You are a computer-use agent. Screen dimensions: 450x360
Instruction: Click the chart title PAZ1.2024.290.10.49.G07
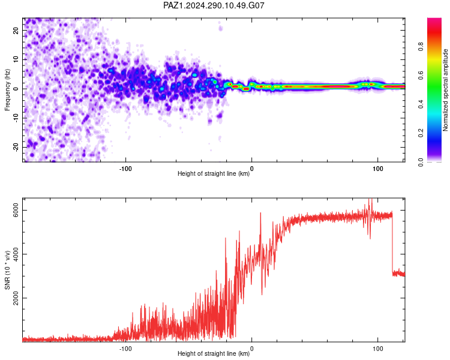point(214,5)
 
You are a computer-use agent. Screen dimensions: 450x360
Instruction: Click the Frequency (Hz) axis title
point(7,90)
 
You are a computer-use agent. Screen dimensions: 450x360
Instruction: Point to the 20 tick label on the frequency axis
point(16,30)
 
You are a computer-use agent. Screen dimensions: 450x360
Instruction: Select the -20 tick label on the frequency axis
point(16,147)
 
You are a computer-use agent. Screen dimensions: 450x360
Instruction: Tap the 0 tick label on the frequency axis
point(16,89)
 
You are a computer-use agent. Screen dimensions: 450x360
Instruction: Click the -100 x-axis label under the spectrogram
point(125,169)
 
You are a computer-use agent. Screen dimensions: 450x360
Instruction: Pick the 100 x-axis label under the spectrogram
point(377,169)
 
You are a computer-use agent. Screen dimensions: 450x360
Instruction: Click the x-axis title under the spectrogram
point(214,173)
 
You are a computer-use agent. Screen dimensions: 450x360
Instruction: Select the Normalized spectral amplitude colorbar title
point(445,90)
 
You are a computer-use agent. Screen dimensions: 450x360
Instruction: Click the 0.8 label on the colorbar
point(421,46)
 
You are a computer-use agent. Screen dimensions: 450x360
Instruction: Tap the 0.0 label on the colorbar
point(421,162)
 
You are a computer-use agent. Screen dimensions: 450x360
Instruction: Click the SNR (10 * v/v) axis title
point(7,270)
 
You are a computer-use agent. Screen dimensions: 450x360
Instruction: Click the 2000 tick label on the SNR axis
point(16,298)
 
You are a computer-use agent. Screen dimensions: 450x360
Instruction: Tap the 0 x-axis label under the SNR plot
point(251,349)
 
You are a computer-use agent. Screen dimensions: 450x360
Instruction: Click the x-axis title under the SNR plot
point(214,353)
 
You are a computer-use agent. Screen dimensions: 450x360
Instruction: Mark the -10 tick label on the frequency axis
point(16,118)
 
